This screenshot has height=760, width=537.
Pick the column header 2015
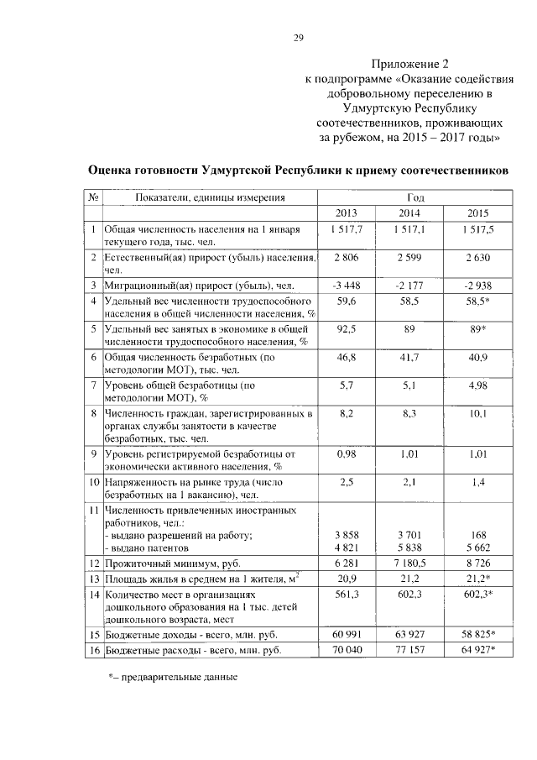pos(476,212)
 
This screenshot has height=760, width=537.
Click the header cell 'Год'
pos(410,197)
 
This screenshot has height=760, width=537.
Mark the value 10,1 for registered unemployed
pos(476,413)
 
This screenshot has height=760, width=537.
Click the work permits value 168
pos(476,535)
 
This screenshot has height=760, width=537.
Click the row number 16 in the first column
pos(93,649)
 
